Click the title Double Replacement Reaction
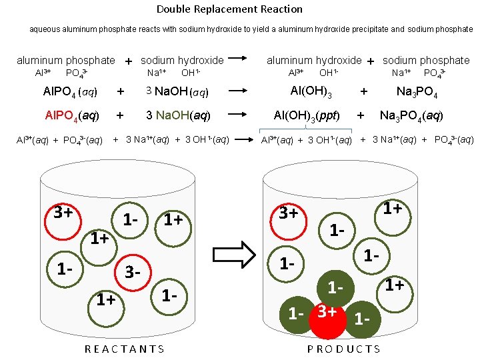[x=229, y=9]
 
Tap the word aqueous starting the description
[x=45, y=29]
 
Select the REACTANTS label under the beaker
[x=125, y=349]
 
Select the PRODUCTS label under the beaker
[x=344, y=349]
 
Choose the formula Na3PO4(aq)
[x=411, y=115]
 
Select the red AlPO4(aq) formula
[x=71, y=115]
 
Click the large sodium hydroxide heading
[x=182, y=61]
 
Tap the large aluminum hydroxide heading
[x=314, y=61]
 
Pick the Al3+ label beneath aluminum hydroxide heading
[x=295, y=73]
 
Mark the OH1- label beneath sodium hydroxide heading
[x=191, y=73]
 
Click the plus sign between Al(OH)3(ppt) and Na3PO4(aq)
[x=361, y=115]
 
